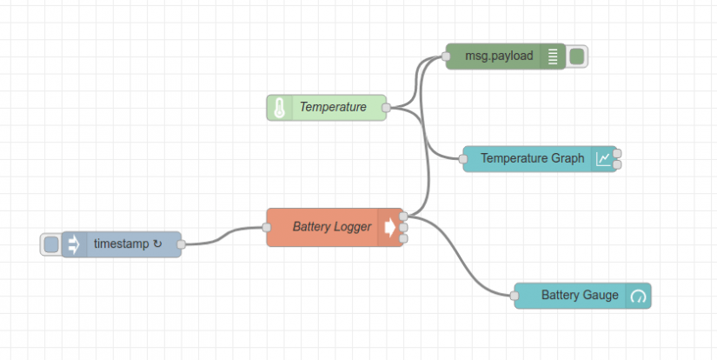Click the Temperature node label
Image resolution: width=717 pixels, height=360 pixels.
coord(333,108)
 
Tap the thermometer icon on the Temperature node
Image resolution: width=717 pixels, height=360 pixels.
coord(279,108)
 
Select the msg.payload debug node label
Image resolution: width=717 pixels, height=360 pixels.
coord(499,57)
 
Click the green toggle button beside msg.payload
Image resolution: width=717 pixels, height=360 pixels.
coord(577,57)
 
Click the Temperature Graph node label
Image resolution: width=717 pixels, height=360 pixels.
coord(533,159)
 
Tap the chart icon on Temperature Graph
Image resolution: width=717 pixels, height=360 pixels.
coord(603,159)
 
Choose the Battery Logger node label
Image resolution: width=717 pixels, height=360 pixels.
coord(332,227)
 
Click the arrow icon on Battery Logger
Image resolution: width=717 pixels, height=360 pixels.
coord(388,227)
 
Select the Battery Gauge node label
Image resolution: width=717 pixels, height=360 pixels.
coord(580,296)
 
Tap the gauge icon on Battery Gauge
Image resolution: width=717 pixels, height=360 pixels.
coord(639,296)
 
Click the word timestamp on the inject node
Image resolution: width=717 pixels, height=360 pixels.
coord(122,244)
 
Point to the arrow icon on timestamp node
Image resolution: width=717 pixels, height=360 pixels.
coord(74,244)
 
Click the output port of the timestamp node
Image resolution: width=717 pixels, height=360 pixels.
coord(181,244)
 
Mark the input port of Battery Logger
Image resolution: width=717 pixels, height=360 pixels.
coord(267,227)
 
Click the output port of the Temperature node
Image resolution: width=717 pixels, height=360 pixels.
coord(386,108)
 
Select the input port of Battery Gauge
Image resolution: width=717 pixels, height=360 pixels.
coord(515,296)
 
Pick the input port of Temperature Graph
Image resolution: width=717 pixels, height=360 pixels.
coord(462,159)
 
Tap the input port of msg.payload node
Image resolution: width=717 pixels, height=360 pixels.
coord(446,57)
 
